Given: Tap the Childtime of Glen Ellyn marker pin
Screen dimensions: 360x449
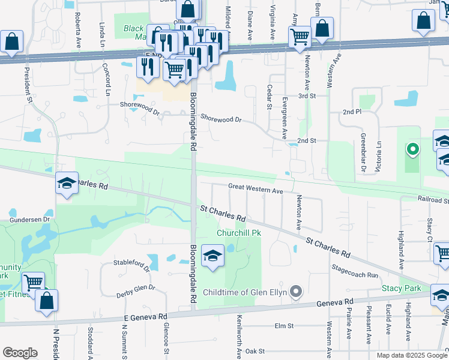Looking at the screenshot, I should pos(295,292).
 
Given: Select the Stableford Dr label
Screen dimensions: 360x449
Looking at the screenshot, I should pos(131,263).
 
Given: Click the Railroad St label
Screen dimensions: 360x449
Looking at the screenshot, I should pos(433,198).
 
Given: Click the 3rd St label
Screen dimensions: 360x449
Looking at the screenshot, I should pos(307,96).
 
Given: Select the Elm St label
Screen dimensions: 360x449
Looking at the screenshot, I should pos(283,326).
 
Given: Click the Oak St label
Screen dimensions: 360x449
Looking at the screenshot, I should pos(255,350).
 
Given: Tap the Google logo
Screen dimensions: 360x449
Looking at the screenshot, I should pos(20,353).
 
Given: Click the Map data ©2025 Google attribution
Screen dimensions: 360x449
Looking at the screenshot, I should pos(412,355).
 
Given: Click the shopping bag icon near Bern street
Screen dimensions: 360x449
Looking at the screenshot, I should pos(322,29).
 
